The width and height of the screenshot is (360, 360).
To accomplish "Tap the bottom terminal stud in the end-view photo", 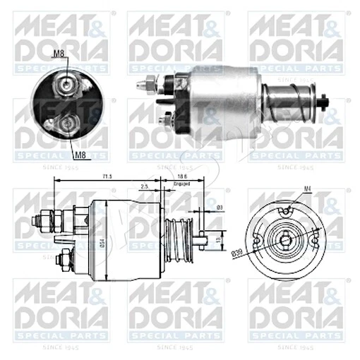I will pyautogui.click(x=67, y=125).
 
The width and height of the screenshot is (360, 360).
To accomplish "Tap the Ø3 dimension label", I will pyautogui.click(x=219, y=208).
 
